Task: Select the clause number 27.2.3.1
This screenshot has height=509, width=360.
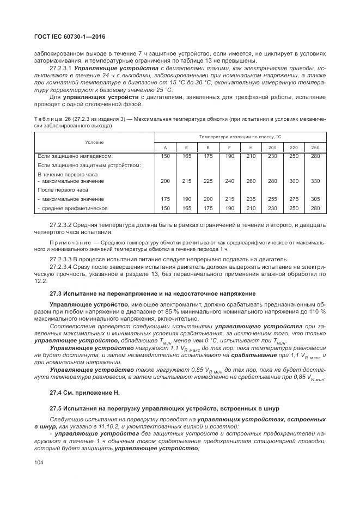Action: (61, 69)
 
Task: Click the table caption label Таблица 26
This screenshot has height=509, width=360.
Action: (52, 118)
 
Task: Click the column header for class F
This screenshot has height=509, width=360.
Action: (229, 148)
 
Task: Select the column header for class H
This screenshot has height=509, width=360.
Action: (251, 148)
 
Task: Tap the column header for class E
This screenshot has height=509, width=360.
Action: (186, 148)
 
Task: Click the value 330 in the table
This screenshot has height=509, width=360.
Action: (315, 181)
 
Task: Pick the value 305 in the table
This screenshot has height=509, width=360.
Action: (315, 199)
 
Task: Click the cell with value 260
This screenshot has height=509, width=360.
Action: (251, 181)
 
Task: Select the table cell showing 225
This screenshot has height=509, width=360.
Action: (208, 181)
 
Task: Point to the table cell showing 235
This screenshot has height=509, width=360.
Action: (251, 199)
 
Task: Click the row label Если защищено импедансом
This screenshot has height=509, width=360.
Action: (71, 156)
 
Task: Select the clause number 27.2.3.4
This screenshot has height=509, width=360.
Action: (61, 267)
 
